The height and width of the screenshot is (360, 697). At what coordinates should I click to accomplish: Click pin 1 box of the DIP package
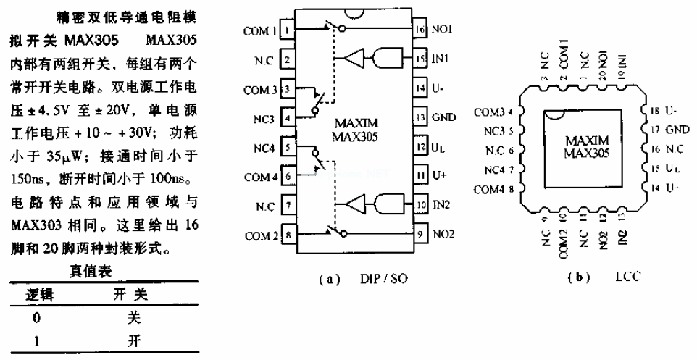[x=288, y=30]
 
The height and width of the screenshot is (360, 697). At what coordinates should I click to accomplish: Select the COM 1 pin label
[x=262, y=30]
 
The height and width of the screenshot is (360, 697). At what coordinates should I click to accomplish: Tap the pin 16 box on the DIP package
[x=420, y=30]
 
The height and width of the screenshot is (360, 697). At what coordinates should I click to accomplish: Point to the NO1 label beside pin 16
[x=442, y=30]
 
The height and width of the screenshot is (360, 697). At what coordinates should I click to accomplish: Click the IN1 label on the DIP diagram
[x=441, y=57]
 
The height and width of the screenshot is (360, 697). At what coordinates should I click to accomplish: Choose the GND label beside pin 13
[x=443, y=117]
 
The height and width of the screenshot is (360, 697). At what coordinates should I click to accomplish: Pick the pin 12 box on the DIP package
[x=420, y=147]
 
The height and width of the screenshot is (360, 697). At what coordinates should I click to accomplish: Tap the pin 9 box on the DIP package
[x=420, y=235]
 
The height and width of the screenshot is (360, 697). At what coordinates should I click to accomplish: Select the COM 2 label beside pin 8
[x=262, y=235]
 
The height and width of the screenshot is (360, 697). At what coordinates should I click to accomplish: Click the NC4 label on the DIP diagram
[x=265, y=147]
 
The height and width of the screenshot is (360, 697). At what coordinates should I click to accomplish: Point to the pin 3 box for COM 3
[x=288, y=89]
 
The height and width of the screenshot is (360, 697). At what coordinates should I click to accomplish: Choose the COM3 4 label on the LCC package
[x=494, y=112]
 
